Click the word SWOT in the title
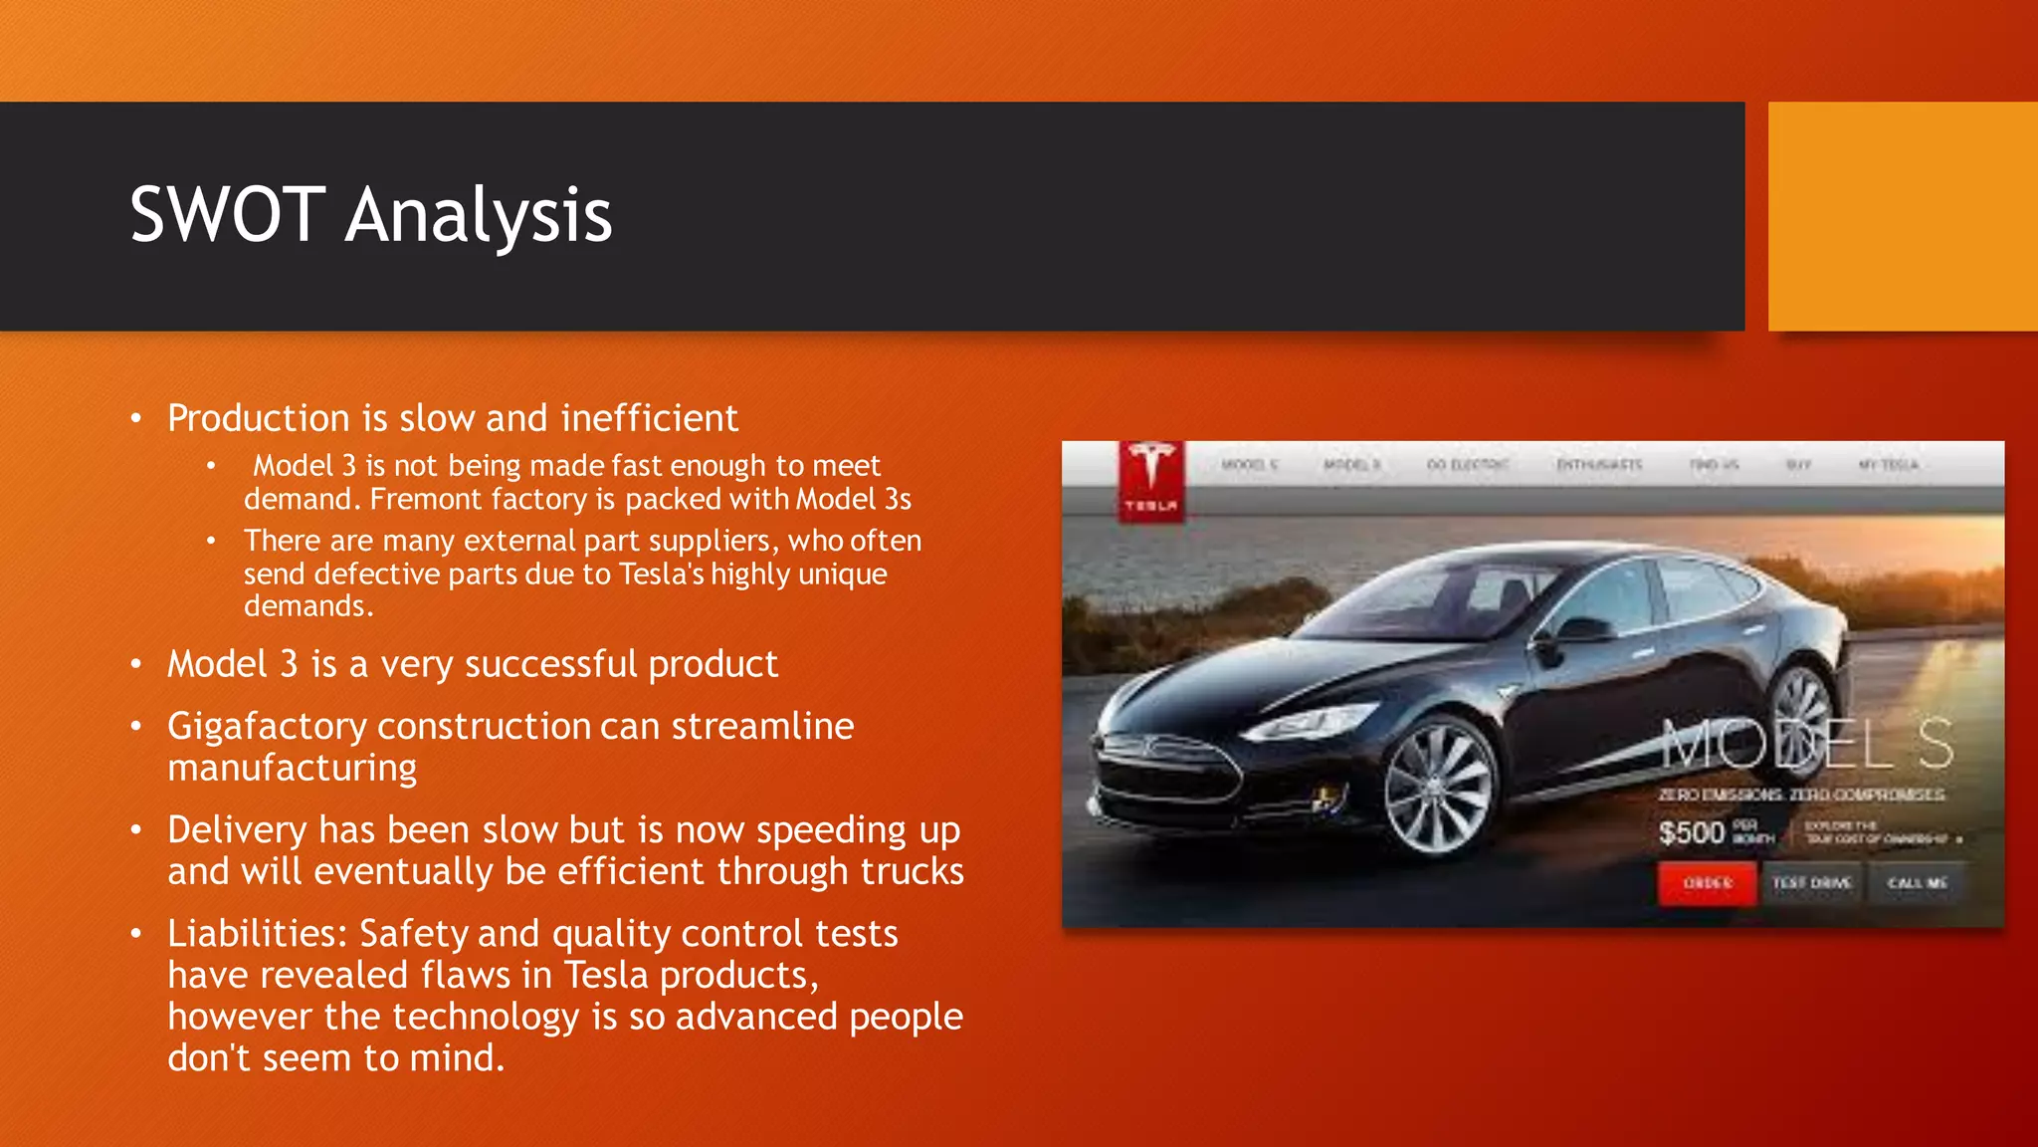click(227, 215)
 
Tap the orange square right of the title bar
click(1903, 216)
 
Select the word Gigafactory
click(267, 727)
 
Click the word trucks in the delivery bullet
click(912, 872)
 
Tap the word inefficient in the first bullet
click(649, 418)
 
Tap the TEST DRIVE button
click(1811, 883)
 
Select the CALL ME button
click(1917, 883)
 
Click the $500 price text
click(1691, 832)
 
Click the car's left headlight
click(1292, 725)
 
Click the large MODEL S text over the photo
click(1806, 745)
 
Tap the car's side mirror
click(1584, 629)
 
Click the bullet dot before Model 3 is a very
click(136, 664)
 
